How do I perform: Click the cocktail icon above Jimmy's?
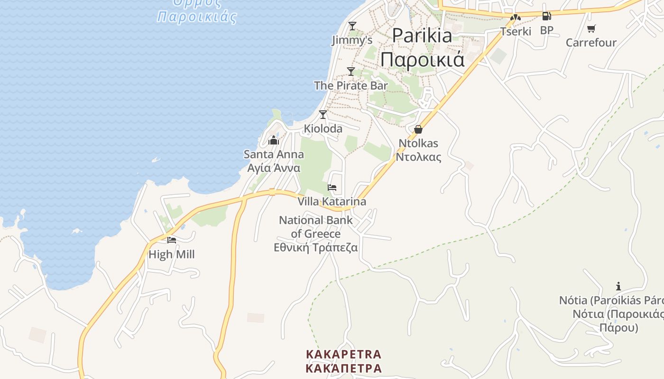pos(352,26)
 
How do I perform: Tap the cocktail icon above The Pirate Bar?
pos(351,72)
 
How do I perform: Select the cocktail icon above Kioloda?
pos(323,115)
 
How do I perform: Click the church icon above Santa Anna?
pos(273,140)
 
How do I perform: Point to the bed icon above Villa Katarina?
pos(332,188)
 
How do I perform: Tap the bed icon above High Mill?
pos(172,240)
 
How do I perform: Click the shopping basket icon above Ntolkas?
pos(418,129)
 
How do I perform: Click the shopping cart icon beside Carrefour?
pos(591,29)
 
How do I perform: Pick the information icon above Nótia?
pos(618,286)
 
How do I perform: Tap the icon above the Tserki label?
pos(516,18)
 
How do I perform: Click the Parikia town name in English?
pos(422,36)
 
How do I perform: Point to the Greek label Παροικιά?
pos(422,60)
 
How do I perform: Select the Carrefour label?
pos(591,43)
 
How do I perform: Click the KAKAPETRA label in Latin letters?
pos(344,354)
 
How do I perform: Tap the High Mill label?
pos(172,254)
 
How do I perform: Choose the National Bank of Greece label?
pos(316,227)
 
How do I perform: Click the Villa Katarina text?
pos(332,202)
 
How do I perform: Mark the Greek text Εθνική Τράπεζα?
pos(316,247)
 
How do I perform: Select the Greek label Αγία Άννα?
pos(274,168)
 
